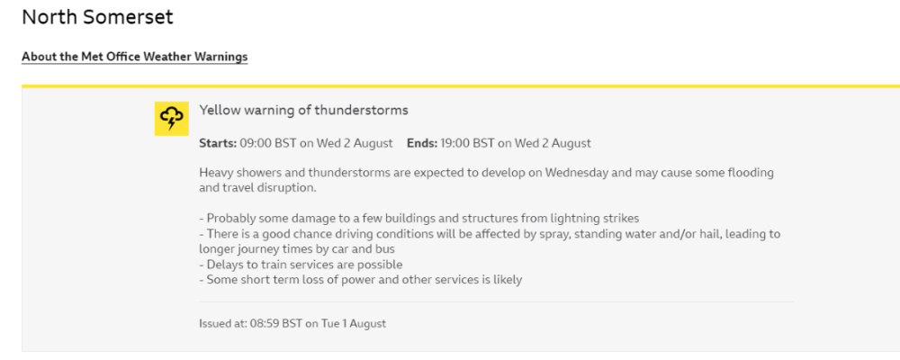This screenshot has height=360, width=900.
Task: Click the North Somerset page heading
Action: coord(97,17)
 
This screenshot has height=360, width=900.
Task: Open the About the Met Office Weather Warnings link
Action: coord(135,57)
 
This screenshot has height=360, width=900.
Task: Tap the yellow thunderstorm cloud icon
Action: coord(171,118)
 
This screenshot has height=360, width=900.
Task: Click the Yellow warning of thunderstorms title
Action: coord(303,110)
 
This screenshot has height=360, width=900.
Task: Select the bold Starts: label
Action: coord(218,143)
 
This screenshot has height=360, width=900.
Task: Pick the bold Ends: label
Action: coord(422,143)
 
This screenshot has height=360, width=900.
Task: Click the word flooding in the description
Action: coord(751,173)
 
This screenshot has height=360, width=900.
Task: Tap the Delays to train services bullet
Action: coord(301,265)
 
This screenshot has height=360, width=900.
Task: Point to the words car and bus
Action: coord(375,250)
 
